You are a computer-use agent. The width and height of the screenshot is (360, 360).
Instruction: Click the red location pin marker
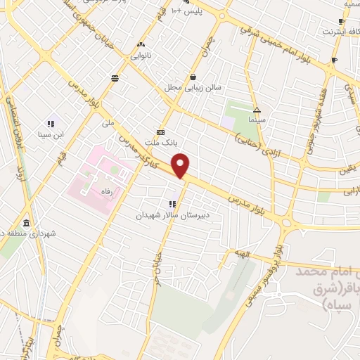pyautogui.click(x=181, y=166)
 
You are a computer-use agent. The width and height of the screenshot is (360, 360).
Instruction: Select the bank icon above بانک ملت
pyautogui.click(x=161, y=132)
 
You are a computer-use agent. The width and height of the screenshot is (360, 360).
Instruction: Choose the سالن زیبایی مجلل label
pyautogui.click(x=193, y=87)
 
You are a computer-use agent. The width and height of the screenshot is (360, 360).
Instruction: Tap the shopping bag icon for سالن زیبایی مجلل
pyautogui.click(x=193, y=77)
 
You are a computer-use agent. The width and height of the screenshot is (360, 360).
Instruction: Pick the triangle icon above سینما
pyautogui.click(x=257, y=110)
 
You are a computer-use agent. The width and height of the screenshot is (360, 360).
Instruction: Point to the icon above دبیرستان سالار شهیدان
pyautogui.click(x=173, y=204)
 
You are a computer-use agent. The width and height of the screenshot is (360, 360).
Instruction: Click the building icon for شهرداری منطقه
pyautogui.click(x=26, y=221)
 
